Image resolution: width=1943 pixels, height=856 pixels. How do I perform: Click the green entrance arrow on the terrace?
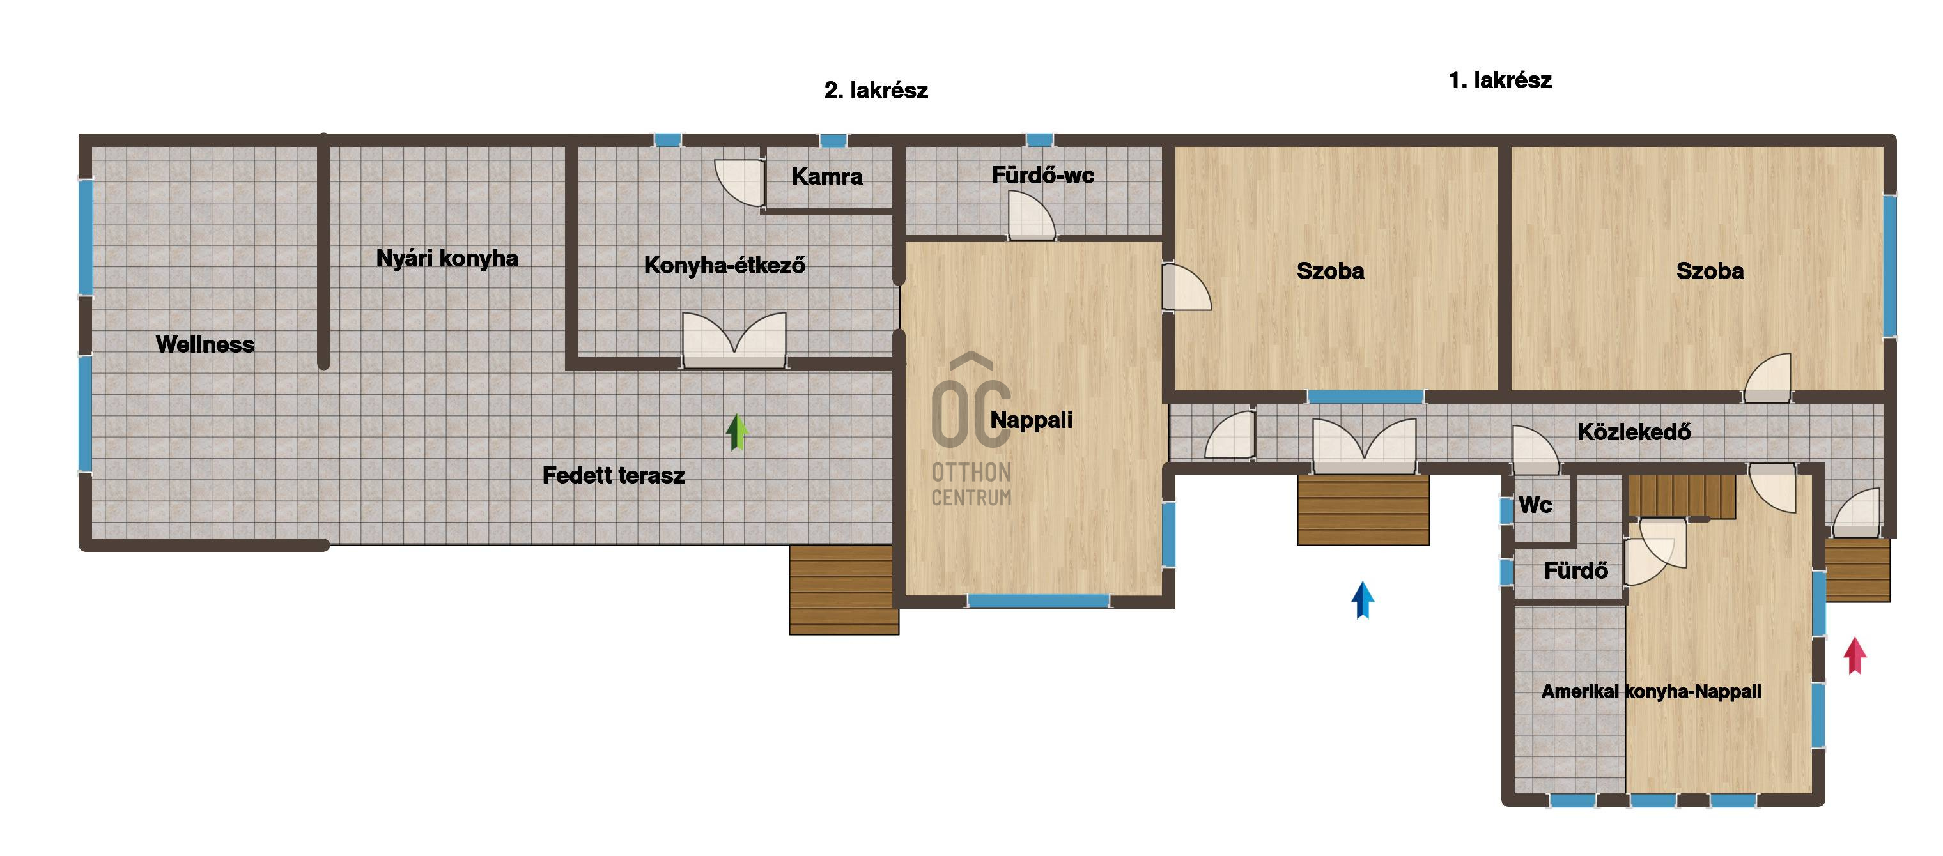pos(737,432)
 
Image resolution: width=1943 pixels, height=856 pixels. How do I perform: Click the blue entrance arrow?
pos(1362,600)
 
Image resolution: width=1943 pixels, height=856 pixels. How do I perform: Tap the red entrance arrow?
pos(1855,656)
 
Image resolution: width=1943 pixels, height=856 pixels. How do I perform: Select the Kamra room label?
pos(826,176)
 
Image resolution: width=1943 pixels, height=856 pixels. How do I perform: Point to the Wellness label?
pos(205,345)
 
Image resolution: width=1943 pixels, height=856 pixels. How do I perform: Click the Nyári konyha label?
pos(447,259)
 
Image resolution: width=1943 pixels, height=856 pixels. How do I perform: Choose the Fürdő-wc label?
pos(1042,175)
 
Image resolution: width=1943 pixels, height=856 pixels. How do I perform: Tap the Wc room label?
pos(1535,505)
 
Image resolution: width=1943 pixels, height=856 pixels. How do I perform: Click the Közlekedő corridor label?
pos(1634,432)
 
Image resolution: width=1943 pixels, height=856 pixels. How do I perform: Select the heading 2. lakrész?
pos(876,91)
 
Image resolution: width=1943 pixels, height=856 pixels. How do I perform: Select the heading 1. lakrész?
pos(1500,80)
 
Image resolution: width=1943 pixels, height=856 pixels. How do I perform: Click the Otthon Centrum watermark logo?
pos(971,430)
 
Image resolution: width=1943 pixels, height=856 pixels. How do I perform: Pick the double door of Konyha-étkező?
pos(734,340)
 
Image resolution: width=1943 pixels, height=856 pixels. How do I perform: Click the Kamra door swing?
pos(740,183)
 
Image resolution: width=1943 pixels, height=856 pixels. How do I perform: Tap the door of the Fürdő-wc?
pos(1031,216)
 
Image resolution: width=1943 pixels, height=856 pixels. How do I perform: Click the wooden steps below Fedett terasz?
pos(844,590)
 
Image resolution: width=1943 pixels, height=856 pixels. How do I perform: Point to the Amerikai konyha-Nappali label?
pos(1651,692)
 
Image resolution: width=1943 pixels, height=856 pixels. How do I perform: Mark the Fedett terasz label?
pos(613,475)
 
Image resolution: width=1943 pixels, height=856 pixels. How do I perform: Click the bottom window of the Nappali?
pos(1038,601)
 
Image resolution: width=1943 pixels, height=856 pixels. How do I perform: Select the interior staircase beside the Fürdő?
pos(1681,496)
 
